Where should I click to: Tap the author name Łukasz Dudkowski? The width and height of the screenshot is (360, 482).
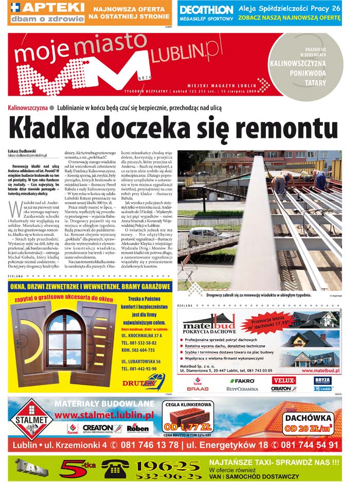22,151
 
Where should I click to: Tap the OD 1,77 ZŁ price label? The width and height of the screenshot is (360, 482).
189,427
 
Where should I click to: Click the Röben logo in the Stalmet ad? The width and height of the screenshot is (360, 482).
138,428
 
